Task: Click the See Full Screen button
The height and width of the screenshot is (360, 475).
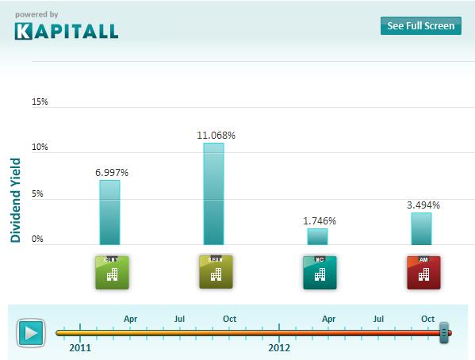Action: pos(420,25)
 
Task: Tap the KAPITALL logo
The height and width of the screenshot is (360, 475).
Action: pos(66,31)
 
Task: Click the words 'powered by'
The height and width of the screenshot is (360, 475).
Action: pos(36,13)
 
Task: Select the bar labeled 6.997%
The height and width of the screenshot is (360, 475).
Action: pos(109,213)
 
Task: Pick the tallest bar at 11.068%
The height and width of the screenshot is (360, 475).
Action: pos(213,193)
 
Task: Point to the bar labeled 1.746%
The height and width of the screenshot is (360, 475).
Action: pos(317,236)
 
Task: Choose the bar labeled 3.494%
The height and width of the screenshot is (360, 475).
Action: pos(421,228)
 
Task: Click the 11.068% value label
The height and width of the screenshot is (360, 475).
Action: pos(216,136)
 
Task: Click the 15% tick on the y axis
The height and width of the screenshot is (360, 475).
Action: pos(40,102)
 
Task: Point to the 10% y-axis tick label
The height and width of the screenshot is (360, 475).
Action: pos(40,147)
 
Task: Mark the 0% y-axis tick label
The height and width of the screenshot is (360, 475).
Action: pos(38,239)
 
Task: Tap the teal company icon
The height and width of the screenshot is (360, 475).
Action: pos(319,272)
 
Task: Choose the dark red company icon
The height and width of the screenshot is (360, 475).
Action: pos(423,272)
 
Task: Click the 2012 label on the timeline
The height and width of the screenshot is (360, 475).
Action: pos(279,347)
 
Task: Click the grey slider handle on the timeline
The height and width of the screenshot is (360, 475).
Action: pos(444,331)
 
